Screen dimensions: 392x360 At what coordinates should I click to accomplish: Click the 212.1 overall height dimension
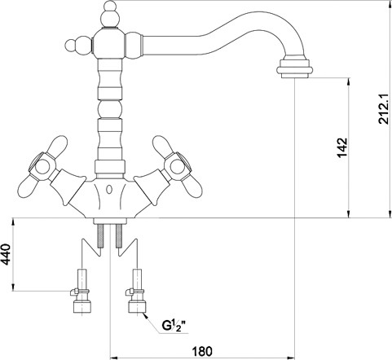tap(385, 109)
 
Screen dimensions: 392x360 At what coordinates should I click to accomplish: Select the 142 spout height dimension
tap(342, 147)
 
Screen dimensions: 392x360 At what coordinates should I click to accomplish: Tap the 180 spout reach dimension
tap(202, 351)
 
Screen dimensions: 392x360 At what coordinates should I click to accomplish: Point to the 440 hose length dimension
tap(6, 254)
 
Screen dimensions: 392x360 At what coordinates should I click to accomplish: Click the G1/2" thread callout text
tap(174, 325)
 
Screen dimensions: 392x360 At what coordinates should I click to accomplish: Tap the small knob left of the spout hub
tap(78, 46)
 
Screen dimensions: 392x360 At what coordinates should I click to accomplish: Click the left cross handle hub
tap(42, 167)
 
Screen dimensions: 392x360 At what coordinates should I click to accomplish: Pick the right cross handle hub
tap(177, 167)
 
